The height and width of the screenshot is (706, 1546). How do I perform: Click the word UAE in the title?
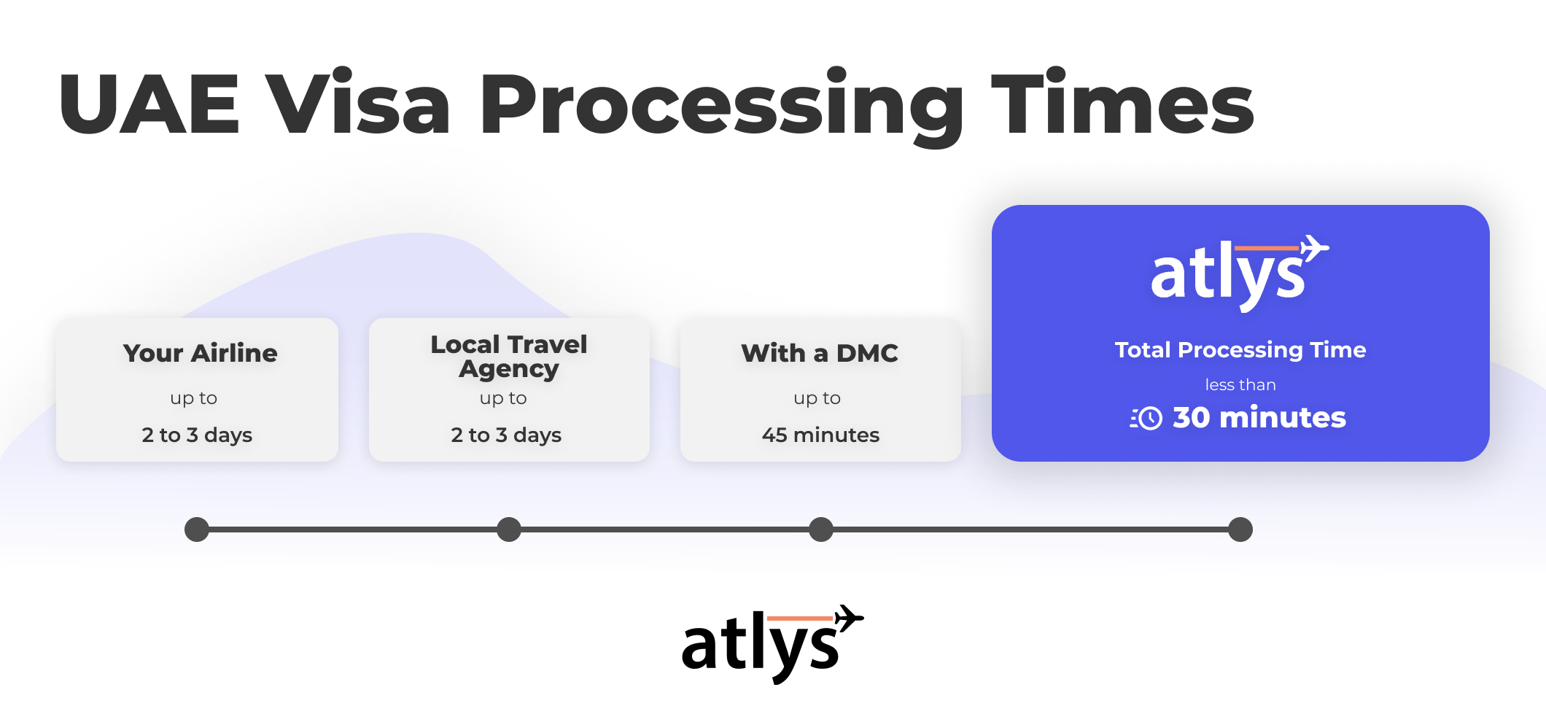[149, 104]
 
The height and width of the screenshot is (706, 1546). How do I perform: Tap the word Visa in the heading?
[357, 101]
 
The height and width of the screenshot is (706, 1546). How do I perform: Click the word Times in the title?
[1122, 101]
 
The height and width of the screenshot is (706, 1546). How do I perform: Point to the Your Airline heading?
[201, 353]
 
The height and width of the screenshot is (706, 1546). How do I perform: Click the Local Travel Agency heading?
[509, 356]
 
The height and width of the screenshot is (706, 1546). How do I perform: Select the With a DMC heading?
[820, 353]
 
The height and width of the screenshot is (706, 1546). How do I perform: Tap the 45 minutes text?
[820, 435]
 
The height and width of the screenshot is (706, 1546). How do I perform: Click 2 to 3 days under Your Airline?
[197, 435]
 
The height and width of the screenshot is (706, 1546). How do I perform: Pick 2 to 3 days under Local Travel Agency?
[506, 435]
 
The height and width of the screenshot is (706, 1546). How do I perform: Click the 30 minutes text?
[1259, 417]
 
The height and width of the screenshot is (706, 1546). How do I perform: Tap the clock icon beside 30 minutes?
[1146, 418]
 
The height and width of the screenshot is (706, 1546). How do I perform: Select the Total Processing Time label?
[1240, 350]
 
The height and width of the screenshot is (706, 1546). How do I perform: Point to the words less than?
[1240, 384]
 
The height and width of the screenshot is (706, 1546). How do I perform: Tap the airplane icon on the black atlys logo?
[848, 617]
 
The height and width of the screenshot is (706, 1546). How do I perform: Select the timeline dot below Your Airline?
[197, 529]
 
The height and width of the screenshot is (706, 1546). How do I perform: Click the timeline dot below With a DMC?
[821, 529]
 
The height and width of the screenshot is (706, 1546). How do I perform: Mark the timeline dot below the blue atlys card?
[1240, 529]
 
